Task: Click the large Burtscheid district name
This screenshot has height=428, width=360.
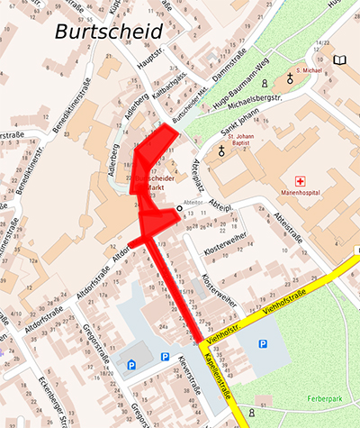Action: tap(109, 33)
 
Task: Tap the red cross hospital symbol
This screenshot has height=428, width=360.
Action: tap(312, 180)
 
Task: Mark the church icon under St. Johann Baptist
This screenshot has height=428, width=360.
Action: tap(221, 152)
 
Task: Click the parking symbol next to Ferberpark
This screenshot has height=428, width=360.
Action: tap(262, 343)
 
